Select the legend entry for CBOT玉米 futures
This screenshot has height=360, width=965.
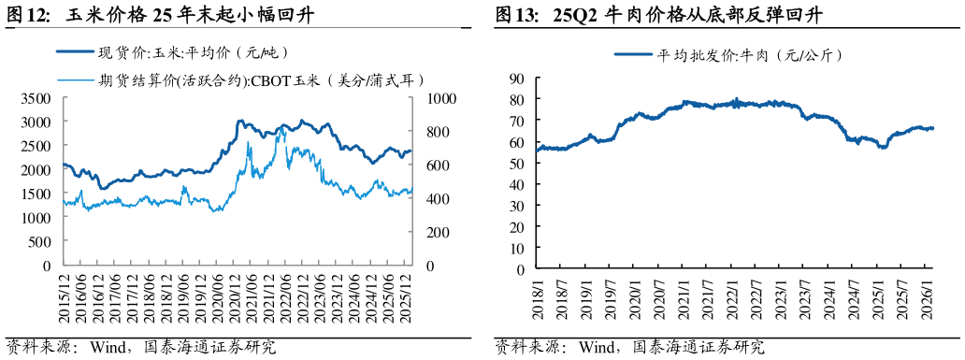[262, 80]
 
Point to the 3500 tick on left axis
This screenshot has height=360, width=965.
[36, 98]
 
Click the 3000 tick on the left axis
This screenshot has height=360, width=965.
[36, 122]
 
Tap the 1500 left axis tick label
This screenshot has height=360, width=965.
[36, 194]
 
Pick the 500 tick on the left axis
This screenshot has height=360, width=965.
[39, 241]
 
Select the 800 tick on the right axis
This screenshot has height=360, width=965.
[438, 132]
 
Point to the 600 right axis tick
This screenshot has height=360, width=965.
[438, 166]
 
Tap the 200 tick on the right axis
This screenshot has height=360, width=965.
[438, 233]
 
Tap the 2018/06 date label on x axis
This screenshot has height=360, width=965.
[150, 299]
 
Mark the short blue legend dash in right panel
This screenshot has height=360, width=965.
[633, 54]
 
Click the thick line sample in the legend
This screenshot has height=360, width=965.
[75, 52]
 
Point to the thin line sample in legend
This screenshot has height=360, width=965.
[75, 80]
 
